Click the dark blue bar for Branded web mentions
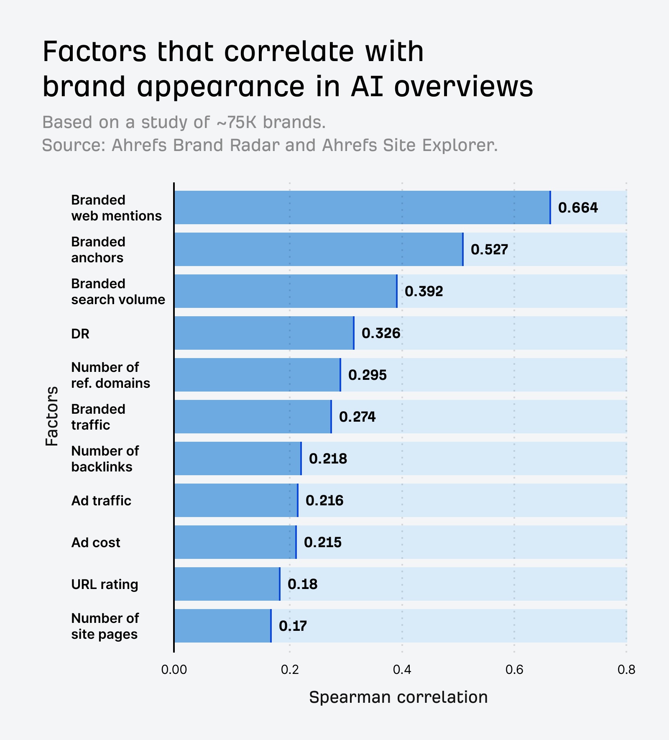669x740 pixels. (x=362, y=207)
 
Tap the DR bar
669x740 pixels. (x=264, y=333)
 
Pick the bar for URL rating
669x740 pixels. (x=227, y=584)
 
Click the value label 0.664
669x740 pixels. (x=578, y=207)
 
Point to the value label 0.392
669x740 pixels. (x=424, y=291)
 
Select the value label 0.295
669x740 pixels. (x=367, y=375)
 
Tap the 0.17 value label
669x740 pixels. (x=293, y=626)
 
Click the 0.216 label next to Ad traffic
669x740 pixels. (x=324, y=500)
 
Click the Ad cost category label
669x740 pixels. (x=96, y=543)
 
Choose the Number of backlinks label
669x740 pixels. (x=105, y=458)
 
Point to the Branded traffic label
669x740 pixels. (x=98, y=417)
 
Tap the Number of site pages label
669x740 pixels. (x=105, y=626)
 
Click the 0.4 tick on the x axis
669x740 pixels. (x=402, y=670)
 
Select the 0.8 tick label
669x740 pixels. (x=626, y=670)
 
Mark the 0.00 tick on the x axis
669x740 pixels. (x=174, y=670)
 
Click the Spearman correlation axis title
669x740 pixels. (x=398, y=697)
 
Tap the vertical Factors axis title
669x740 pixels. (x=52, y=416)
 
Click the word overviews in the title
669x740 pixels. (x=463, y=87)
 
